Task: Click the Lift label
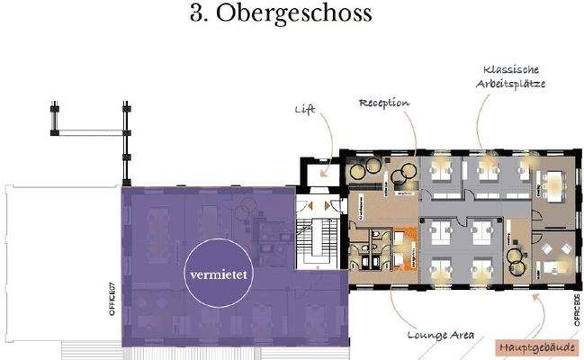(x=305, y=110)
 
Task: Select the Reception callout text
(x=384, y=103)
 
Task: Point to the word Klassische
(x=511, y=69)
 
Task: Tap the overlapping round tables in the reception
(x=363, y=168)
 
